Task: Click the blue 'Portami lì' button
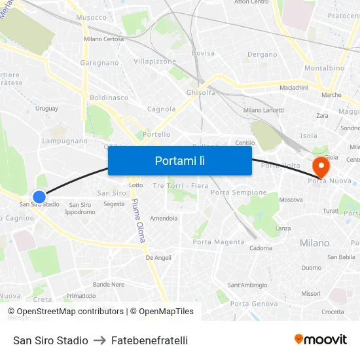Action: pos(179,160)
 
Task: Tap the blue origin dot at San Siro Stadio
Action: pos(39,196)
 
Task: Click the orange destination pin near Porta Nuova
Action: pos(321,167)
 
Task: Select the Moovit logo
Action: pos(321,340)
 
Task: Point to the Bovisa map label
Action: pos(203,53)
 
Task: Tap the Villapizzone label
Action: pos(154,62)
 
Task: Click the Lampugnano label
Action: pos(65,141)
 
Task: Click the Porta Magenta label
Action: pos(219,242)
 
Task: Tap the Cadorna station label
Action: pos(261,248)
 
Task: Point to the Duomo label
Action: pos(312,268)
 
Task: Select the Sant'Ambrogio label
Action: pos(247,285)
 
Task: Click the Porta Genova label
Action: pos(254,304)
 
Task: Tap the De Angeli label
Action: pos(158,258)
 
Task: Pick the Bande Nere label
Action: pos(109,284)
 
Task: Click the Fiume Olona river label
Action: pos(138,221)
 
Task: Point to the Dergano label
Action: pos(262,55)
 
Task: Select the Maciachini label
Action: pos(294,88)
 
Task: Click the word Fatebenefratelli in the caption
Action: pos(149,340)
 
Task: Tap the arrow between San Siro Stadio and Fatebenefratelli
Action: pos(99,340)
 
